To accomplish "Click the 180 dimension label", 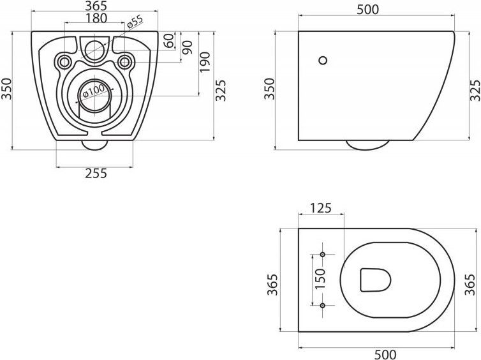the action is pos(96,18).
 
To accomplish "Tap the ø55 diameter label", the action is pos(135,22).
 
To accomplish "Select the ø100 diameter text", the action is pos(94,91).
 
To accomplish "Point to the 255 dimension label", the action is pos(96,174).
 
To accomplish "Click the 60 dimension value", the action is pos(168,41).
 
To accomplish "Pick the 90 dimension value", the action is pos(187,48).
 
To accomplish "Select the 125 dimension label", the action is pos(321,208).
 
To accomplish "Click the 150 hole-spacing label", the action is pos(320,278).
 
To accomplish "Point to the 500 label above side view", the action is pos(368,10).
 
